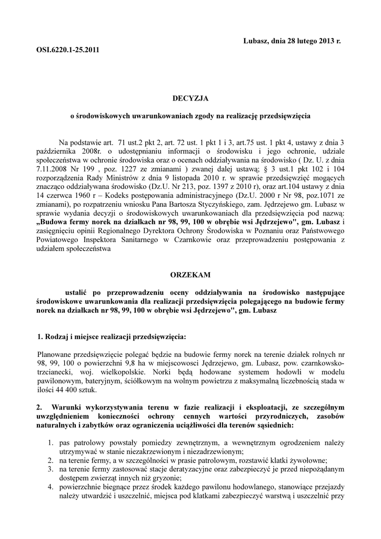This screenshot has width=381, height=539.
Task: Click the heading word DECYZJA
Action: pos(190,98)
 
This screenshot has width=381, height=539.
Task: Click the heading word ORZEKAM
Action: pos(190,275)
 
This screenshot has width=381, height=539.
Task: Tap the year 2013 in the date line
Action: pos(327,41)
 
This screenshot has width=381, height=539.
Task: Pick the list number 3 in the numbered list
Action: pos(49,468)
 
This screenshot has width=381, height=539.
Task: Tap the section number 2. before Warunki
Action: pos(39,407)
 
